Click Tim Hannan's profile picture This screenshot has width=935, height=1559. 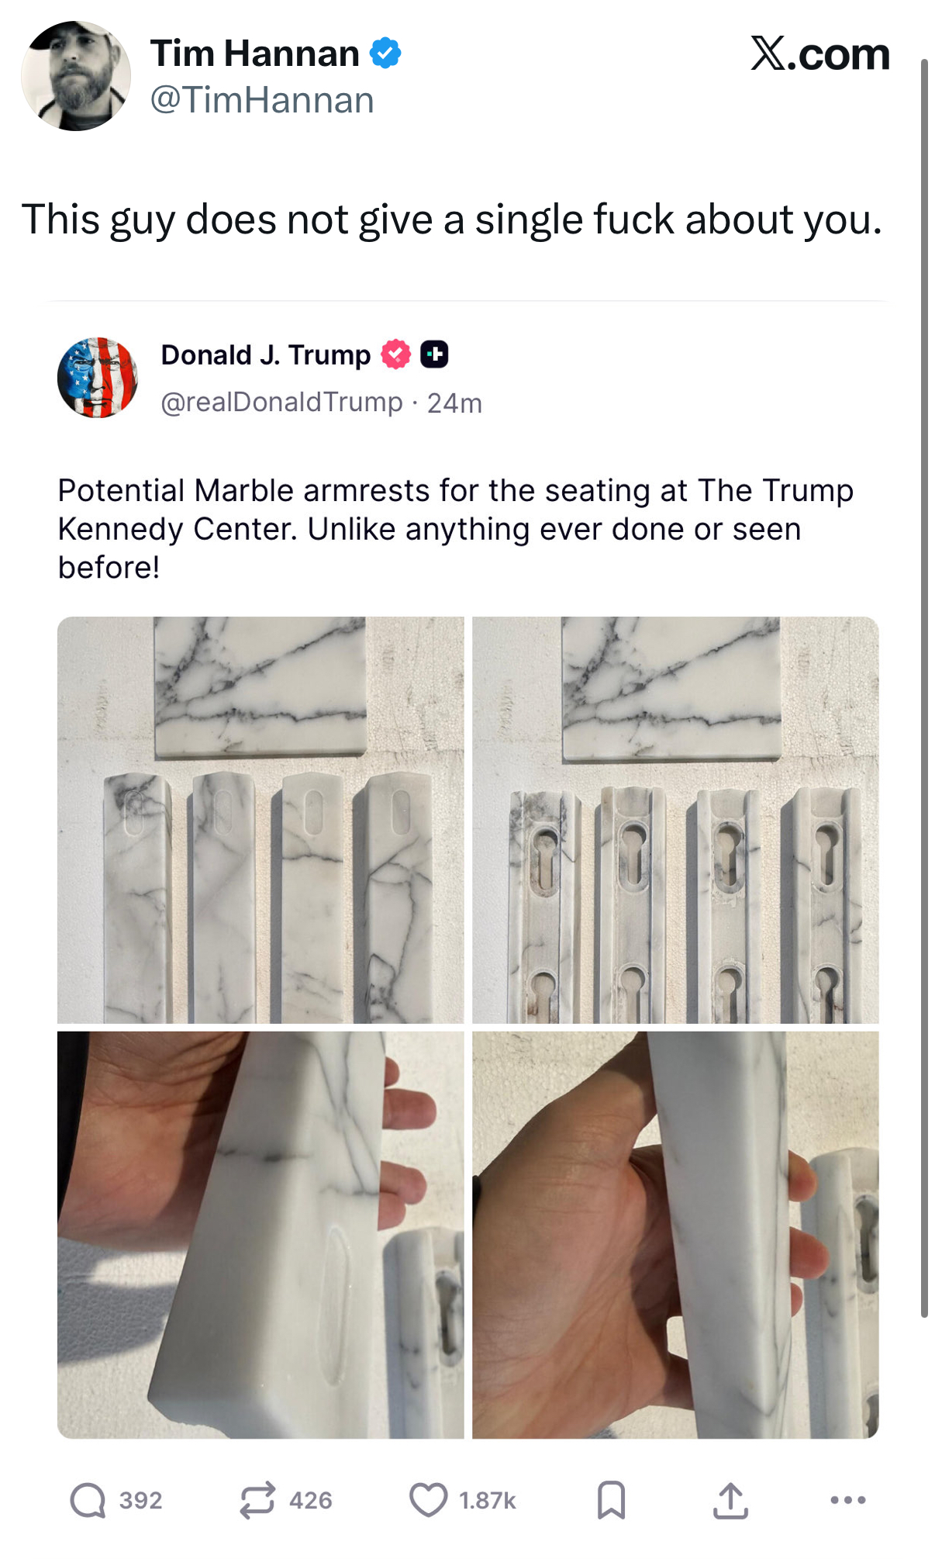[x=76, y=76]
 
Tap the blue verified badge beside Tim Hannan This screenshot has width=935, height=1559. [x=385, y=53]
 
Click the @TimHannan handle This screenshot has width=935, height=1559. [x=262, y=100]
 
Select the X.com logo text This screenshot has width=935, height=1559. [x=820, y=54]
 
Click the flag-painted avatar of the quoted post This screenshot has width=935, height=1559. [x=98, y=378]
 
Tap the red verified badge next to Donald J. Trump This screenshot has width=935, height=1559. [x=395, y=354]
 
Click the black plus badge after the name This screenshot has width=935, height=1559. [x=434, y=354]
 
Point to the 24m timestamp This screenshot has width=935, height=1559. [x=454, y=403]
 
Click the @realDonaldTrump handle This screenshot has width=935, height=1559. [x=282, y=403]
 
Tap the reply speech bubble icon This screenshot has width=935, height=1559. [x=88, y=1500]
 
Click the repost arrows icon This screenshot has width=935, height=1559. [x=257, y=1500]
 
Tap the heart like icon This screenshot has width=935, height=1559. [x=429, y=1500]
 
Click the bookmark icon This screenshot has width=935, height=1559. [x=612, y=1500]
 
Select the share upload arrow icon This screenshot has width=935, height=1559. [x=730, y=1500]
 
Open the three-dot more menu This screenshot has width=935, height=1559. [x=848, y=1500]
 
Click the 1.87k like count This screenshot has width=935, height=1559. [x=488, y=1501]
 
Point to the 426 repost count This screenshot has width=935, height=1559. [x=311, y=1501]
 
